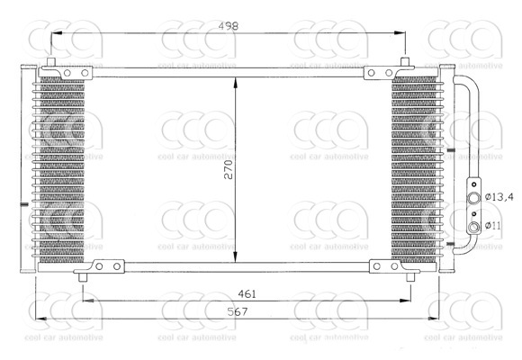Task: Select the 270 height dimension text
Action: [229, 169]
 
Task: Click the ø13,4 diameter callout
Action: [498, 196]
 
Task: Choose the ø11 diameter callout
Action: [493, 225]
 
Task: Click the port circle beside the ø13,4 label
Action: [473, 196]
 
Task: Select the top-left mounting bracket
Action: [68, 73]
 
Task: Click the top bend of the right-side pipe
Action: [468, 81]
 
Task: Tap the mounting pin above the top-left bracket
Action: [52, 63]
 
